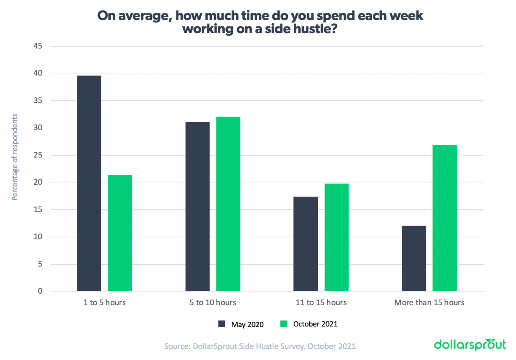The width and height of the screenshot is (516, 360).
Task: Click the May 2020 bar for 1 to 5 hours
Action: click(x=89, y=183)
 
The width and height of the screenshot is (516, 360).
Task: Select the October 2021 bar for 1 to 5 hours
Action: click(x=120, y=233)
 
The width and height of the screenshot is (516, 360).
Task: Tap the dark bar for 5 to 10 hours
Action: click(x=197, y=206)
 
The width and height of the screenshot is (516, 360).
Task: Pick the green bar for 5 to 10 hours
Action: click(x=228, y=204)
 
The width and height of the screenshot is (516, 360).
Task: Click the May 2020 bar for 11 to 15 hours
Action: click(x=306, y=244)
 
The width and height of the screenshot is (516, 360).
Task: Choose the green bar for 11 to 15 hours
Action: click(x=336, y=237)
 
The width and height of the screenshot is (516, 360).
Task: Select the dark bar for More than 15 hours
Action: click(x=414, y=258)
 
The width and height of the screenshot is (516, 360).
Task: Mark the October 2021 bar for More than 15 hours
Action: click(x=445, y=218)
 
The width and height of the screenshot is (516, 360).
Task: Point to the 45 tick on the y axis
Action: click(x=38, y=46)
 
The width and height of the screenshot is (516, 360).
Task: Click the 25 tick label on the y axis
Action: click(x=38, y=155)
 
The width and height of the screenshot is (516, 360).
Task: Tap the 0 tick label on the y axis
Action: click(x=40, y=291)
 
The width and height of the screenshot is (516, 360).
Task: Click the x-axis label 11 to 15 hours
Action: click(x=321, y=302)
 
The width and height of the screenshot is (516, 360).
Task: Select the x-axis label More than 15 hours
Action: click(x=429, y=302)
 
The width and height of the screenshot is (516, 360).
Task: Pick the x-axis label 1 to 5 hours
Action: click(x=105, y=302)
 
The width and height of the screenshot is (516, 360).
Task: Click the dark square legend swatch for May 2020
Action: click(x=222, y=324)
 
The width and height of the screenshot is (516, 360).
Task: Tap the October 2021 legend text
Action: click(x=315, y=324)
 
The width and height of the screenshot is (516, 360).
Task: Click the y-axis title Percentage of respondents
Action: click(x=15, y=157)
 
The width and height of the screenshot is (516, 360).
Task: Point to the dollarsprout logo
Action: click(x=470, y=345)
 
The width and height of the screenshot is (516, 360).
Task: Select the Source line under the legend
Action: click(x=260, y=346)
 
